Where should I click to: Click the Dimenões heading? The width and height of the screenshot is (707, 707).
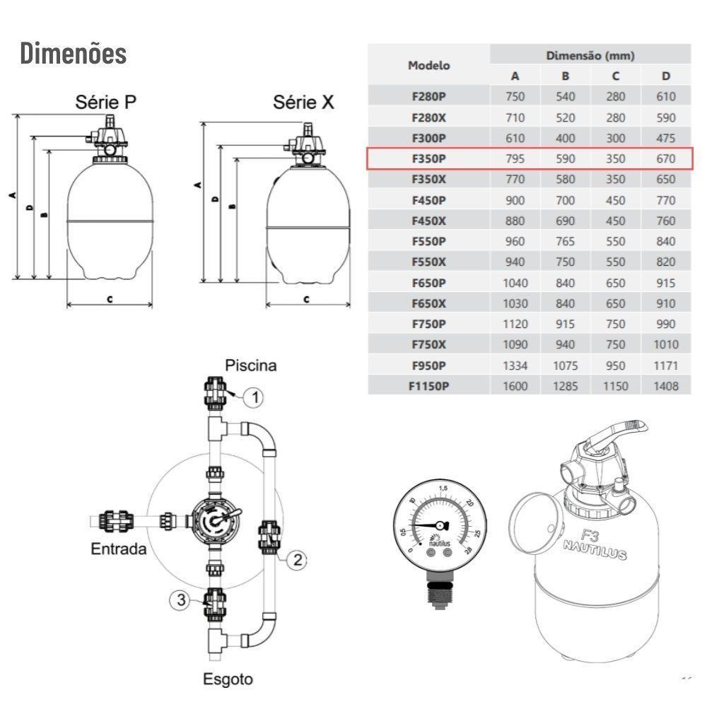(x=74, y=54)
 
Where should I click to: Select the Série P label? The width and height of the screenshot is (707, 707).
(x=106, y=103)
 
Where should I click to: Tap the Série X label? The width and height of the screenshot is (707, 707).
(x=304, y=103)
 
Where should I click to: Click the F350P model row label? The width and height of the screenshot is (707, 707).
(x=428, y=159)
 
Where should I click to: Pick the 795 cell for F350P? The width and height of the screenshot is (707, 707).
(x=515, y=159)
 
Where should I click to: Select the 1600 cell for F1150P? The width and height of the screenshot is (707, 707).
(x=515, y=386)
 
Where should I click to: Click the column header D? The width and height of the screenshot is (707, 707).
(x=666, y=76)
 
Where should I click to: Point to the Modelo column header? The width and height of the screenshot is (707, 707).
(x=428, y=65)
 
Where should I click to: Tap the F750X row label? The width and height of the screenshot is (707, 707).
(x=428, y=344)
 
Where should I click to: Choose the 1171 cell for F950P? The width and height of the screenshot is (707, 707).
(x=666, y=366)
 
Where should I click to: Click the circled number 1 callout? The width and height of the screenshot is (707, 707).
(x=253, y=397)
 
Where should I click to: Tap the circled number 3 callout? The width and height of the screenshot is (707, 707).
(x=181, y=600)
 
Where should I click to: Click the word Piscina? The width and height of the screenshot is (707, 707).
(x=251, y=366)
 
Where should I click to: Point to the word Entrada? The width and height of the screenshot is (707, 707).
(x=119, y=549)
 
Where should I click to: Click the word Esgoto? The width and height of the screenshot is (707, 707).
(x=228, y=679)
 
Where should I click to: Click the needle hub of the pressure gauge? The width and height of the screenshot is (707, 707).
(x=440, y=525)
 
